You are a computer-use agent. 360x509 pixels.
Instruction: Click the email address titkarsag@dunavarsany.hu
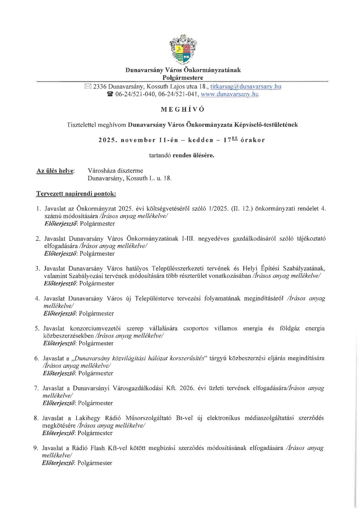click(246, 87)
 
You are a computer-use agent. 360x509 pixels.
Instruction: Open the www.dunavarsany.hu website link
click(229, 94)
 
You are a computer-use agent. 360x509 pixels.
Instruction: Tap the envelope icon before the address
click(88, 87)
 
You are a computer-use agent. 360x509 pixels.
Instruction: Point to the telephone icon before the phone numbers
click(110, 94)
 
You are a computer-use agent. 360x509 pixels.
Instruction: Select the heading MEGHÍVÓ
click(183, 110)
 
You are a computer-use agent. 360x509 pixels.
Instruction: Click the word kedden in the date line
click(201, 140)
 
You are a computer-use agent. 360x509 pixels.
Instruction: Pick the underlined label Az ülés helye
click(55, 171)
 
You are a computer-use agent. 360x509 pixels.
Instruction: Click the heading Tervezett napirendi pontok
click(76, 194)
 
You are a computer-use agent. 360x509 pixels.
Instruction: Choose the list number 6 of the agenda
click(37, 358)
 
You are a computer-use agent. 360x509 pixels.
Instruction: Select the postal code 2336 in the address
click(100, 87)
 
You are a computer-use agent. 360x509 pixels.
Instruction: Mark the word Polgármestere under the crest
click(183, 78)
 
